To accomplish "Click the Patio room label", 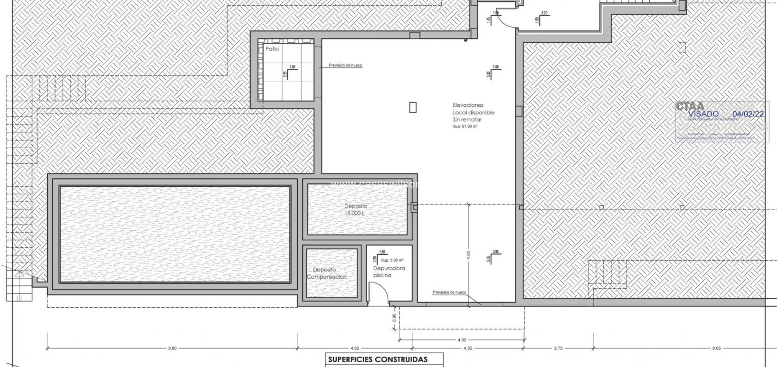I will pos(272,49).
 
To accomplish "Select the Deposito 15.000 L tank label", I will pos(356,210).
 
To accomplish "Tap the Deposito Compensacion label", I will pos(327,273).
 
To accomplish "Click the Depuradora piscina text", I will pos(389,272).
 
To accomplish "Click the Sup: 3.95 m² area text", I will pos(393,260).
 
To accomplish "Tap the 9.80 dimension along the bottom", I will pos(172,348).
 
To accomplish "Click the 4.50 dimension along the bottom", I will pos(354,348).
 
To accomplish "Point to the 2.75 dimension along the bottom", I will pos(558,348).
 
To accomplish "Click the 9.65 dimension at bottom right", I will pos(716,348).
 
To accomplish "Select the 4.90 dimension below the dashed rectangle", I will pos(462,340).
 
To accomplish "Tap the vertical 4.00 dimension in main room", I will pos(468,255).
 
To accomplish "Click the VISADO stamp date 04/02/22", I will pos(748,114).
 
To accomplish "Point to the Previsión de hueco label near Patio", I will pos(345,66).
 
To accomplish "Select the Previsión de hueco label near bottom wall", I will pos(449,292).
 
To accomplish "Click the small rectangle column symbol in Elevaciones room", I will pos(413,108).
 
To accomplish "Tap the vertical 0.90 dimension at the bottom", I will pos(393,318).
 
